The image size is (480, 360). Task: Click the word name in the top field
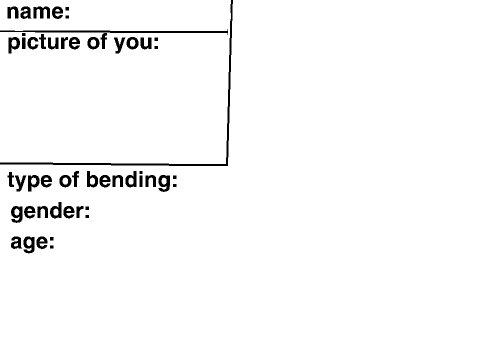(x=35, y=11)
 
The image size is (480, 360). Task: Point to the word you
(x=132, y=44)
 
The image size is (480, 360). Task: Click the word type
(x=30, y=181)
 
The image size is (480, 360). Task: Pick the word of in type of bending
(x=69, y=179)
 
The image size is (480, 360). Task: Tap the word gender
(x=46, y=212)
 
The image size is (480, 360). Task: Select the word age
(x=29, y=242)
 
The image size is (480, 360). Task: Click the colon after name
(x=67, y=13)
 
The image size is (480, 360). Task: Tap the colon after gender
(x=87, y=212)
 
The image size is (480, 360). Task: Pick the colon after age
(x=52, y=243)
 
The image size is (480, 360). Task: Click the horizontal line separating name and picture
(x=114, y=32)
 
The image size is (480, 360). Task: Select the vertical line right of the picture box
(x=229, y=82)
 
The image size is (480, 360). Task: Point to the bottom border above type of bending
(x=114, y=164)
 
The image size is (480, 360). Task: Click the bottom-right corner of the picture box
(x=227, y=165)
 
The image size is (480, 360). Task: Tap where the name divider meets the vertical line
(x=230, y=32)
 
